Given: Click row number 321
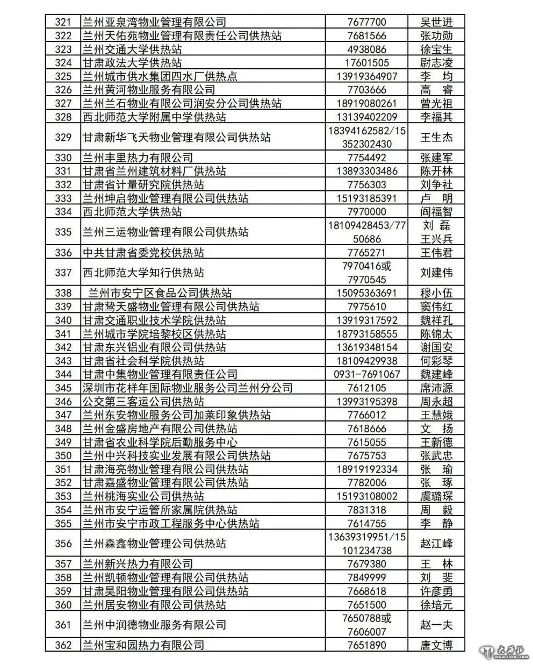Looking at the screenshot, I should point(63,22).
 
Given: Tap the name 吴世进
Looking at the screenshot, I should point(436,22).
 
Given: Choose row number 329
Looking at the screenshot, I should point(63,137).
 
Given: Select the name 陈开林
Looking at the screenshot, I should point(436,171).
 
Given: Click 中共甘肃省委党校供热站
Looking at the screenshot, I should point(143,253).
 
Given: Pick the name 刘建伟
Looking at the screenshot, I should point(436,273).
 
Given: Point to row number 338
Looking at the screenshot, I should point(63,293).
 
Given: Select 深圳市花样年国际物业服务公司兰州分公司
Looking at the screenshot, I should point(188,388).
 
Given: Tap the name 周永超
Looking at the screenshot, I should point(436,402).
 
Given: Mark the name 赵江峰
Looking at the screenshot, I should point(436,544).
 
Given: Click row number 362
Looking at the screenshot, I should point(63,645).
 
